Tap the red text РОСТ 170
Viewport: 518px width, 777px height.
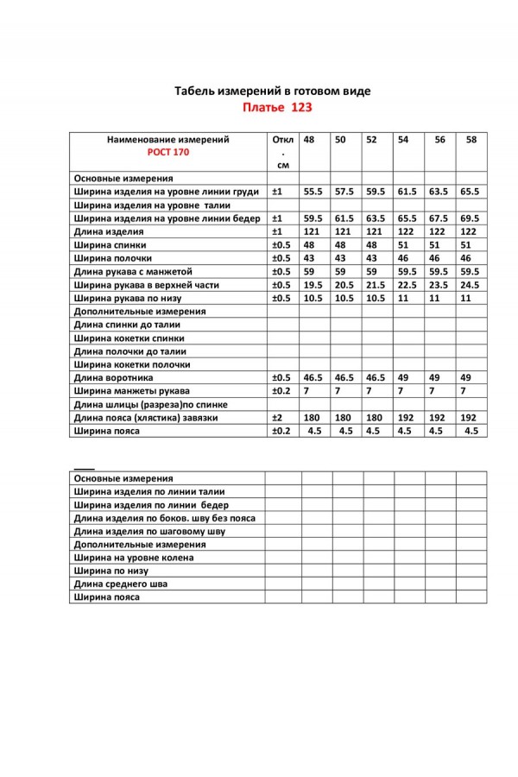[167, 152]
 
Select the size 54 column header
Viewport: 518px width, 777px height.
[402, 140]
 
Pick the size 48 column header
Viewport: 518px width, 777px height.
[309, 140]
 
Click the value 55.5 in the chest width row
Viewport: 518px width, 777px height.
[313, 193]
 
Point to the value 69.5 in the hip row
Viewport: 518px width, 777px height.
[470, 219]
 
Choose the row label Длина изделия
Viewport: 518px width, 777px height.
[108, 232]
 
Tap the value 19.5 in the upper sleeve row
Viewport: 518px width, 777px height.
[313, 284]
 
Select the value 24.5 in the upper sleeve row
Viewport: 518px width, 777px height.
[470, 284]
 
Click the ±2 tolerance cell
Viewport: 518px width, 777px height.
[278, 417]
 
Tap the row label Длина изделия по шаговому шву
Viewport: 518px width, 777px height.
[151, 532]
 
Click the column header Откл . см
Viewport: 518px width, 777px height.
[282, 151]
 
